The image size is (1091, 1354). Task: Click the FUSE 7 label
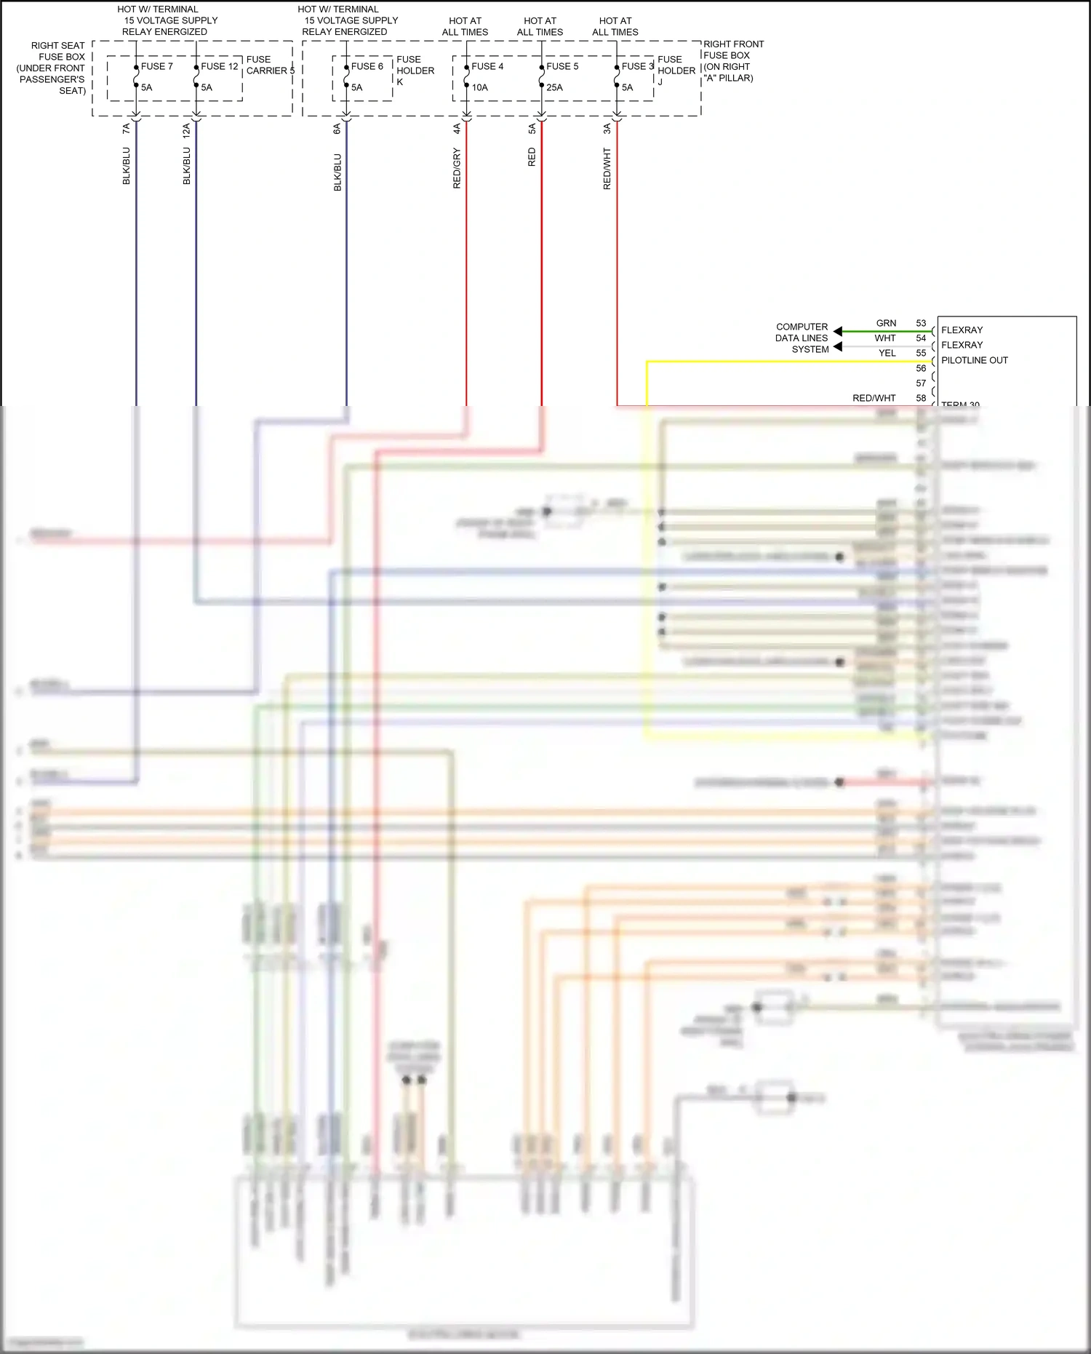click(156, 66)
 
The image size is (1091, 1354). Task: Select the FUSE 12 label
click(219, 66)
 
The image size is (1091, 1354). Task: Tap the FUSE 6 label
click(367, 66)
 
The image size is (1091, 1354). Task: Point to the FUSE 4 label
click(487, 66)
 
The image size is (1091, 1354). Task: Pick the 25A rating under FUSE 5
click(554, 87)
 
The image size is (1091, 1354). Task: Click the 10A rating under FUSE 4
click(479, 87)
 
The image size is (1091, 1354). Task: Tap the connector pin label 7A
click(127, 128)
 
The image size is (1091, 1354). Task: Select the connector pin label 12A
click(187, 130)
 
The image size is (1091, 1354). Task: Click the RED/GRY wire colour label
click(457, 168)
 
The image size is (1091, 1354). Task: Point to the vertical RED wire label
click(532, 157)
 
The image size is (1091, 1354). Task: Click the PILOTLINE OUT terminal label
click(975, 360)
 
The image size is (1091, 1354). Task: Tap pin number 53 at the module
click(921, 323)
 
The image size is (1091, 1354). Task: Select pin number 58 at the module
click(921, 398)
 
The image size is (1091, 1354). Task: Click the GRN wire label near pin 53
click(886, 323)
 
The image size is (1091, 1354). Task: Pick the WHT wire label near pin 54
click(885, 338)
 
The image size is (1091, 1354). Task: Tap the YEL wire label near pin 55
click(887, 353)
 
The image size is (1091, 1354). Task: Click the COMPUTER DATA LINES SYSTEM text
click(802, 338)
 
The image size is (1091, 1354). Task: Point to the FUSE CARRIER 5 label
click(270, 65)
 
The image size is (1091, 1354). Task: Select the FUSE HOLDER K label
click(415, 71)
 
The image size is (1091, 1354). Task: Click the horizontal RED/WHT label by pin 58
click(874, 398)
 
